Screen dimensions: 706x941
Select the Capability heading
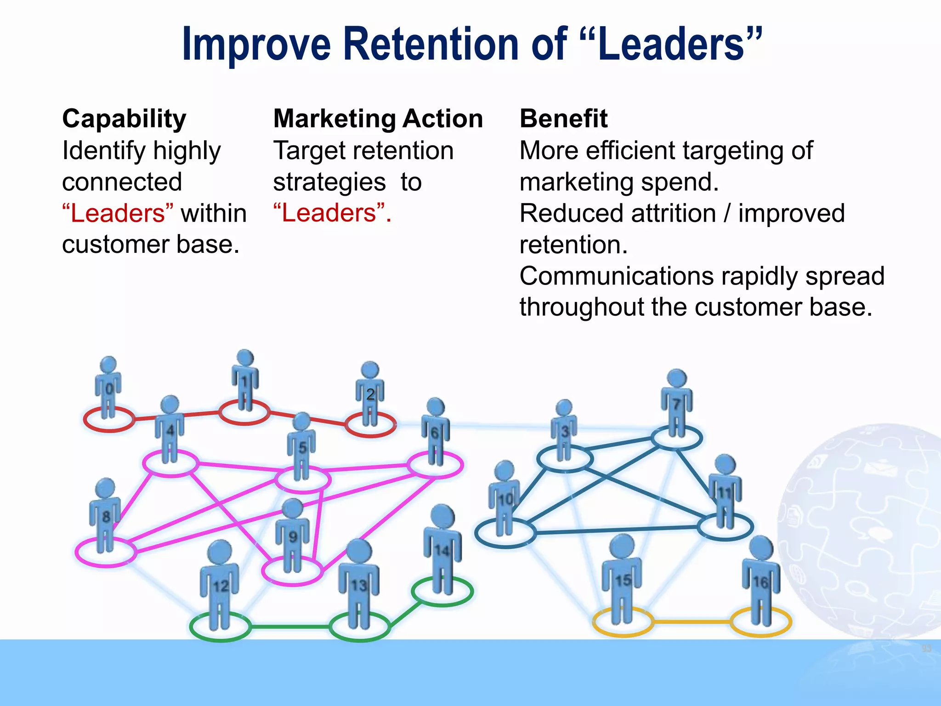pyautogui.click(x=124, y=119)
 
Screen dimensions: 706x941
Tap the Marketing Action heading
pyautogui.click(x=378, y=119)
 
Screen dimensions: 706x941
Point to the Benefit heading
pyautogui.click(x=563, y=119)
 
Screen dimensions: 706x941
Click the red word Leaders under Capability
pyautogui.click(x=118, y=213)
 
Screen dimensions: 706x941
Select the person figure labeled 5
pyautogui.click(x=301, y=446)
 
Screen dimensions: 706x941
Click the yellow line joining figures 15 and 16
pyautogui.click(x=692, y=622)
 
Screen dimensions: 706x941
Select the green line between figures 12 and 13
pyautogui.click(x=289, y=626)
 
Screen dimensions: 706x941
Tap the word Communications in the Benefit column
pyautogui.click(x=617, y=276)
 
